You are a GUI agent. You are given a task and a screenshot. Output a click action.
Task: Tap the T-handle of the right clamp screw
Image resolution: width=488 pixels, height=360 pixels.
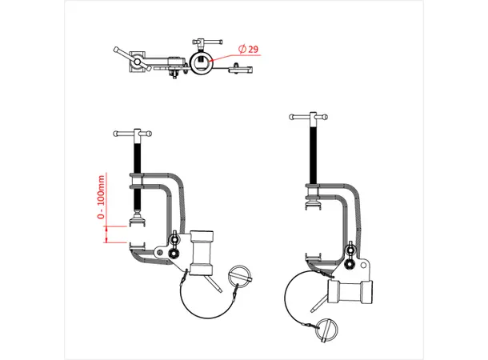(310, 118)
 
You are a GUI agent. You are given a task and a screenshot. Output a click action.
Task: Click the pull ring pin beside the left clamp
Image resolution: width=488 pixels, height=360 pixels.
(241, 278)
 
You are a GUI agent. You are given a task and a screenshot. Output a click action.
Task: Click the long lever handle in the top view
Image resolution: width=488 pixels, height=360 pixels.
(126, 55)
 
